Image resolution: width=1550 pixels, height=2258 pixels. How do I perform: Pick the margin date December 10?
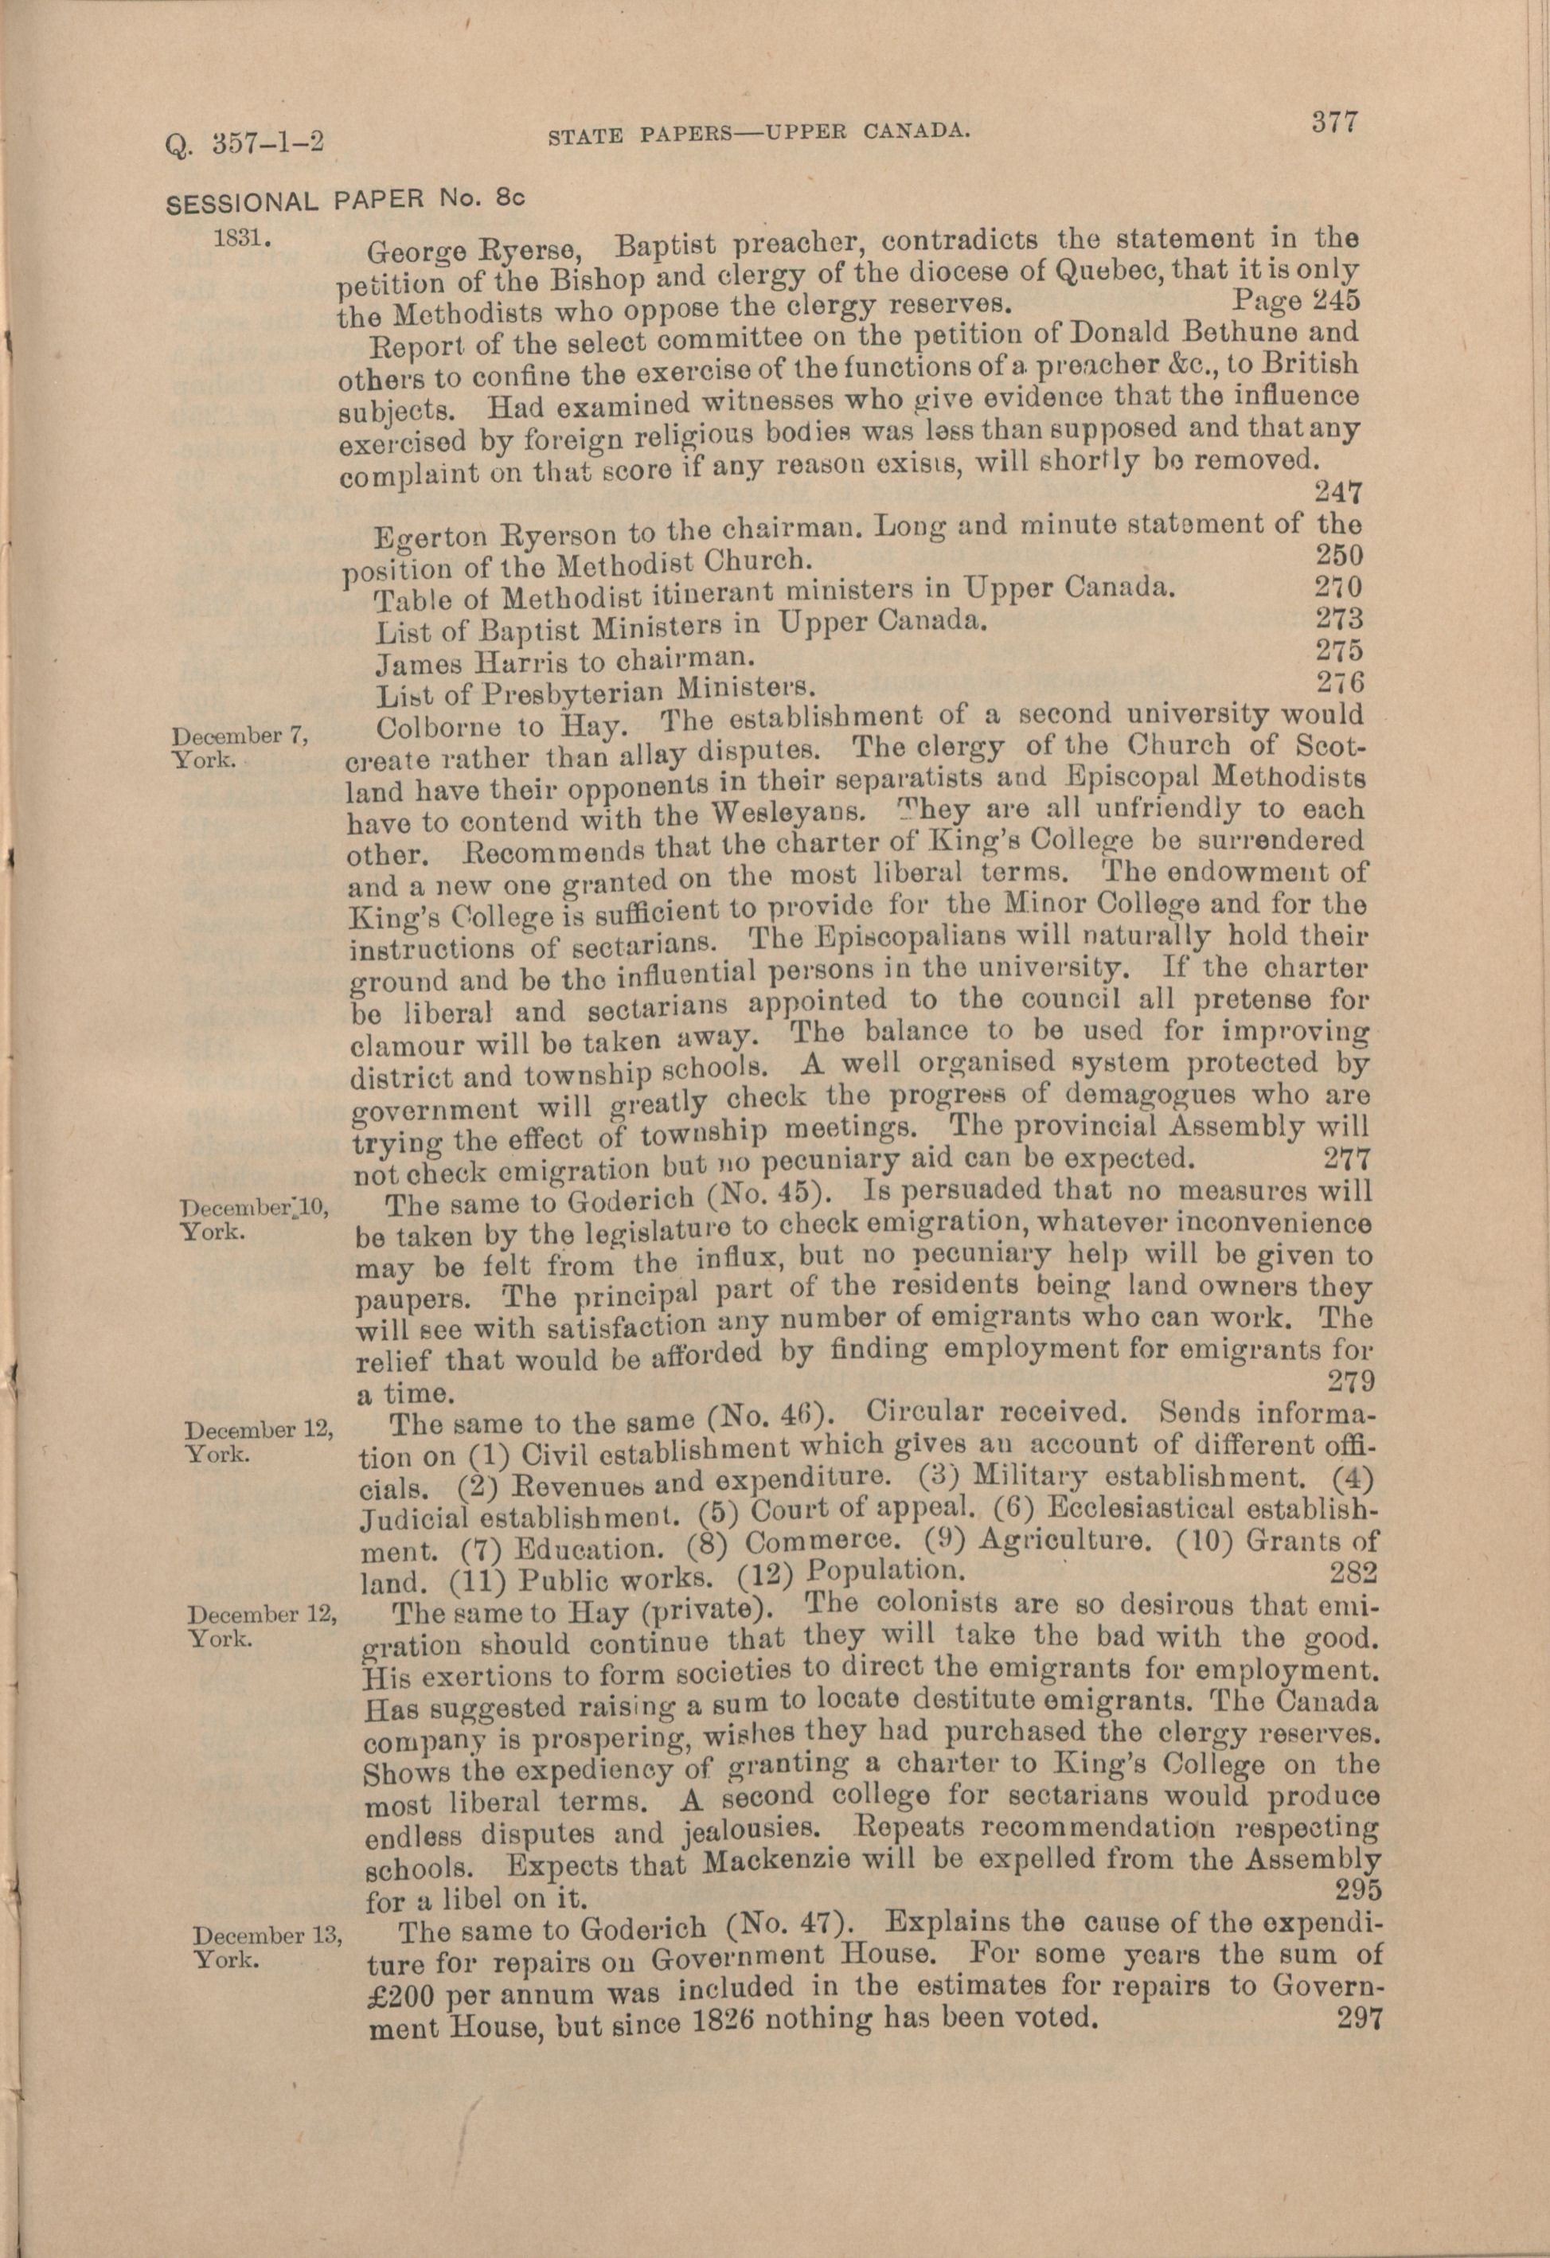[256, 1207]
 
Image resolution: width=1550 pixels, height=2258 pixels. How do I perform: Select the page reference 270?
[1338, 587]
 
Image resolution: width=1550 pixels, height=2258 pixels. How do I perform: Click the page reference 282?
[1352, 1572]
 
